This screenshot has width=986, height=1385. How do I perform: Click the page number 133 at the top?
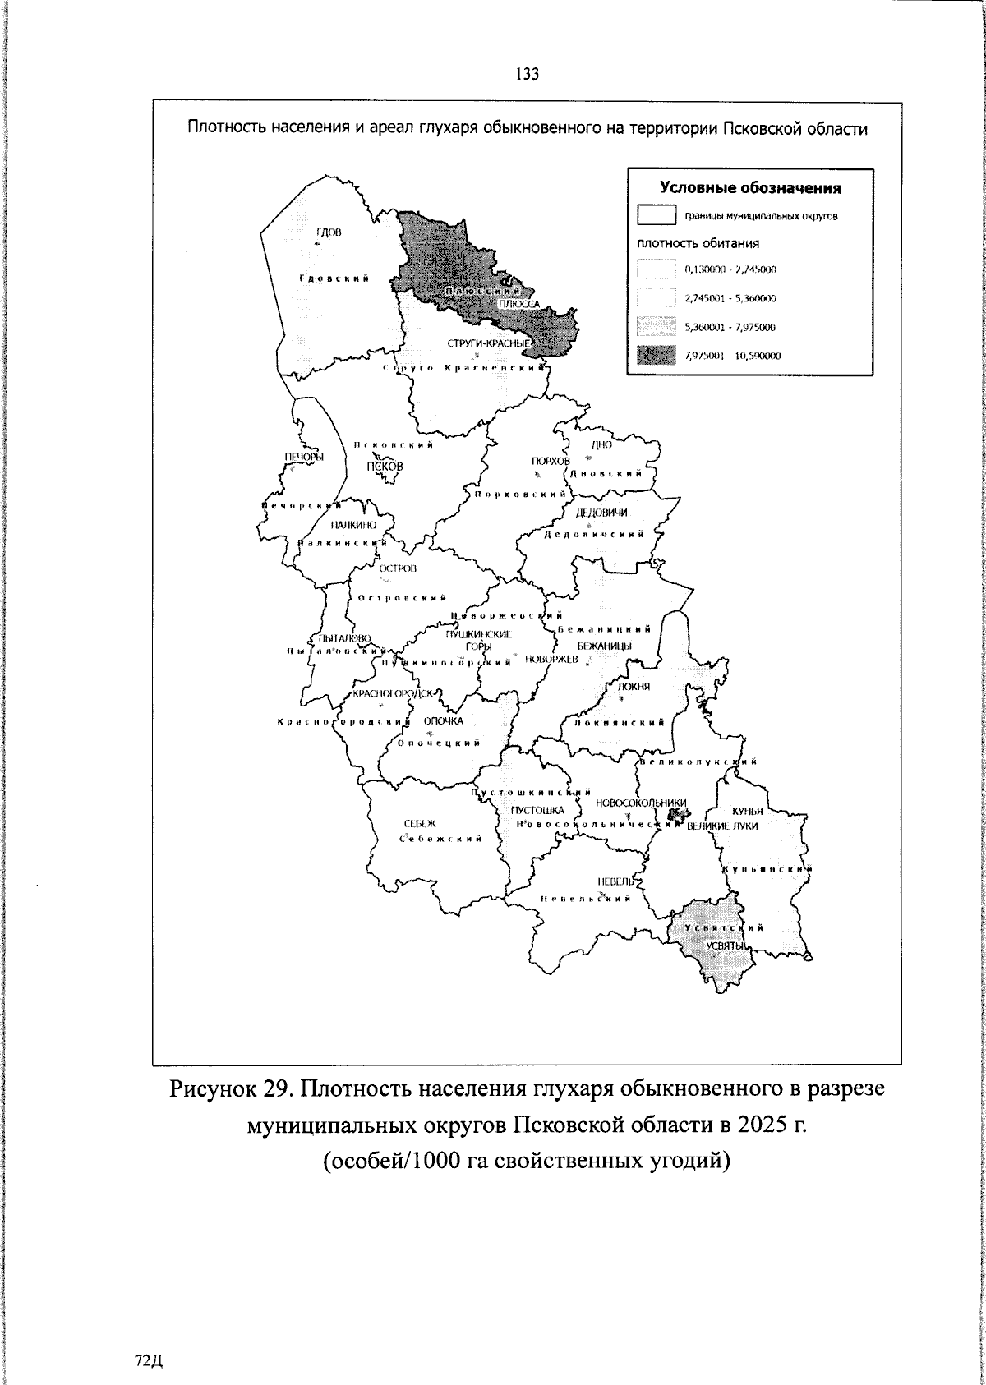point(527,75)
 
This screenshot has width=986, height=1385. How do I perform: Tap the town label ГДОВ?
point(329,232)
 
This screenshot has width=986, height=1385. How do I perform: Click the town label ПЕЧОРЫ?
point(303,458)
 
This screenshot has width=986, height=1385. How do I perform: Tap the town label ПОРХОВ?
point(551,462)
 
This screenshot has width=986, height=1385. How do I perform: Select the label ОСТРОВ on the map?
point(398,568)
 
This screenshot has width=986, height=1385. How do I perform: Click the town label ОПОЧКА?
point(444,721)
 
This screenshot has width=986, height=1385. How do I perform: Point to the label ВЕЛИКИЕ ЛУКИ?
point(722,826)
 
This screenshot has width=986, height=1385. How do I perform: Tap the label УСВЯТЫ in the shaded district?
point(725,946)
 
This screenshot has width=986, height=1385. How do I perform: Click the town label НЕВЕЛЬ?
point(615,881)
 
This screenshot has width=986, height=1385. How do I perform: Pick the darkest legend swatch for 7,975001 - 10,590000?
point(656,355)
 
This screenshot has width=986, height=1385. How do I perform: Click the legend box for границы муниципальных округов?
point(656,216)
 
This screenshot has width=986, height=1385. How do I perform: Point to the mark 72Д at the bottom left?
point(149,1360)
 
